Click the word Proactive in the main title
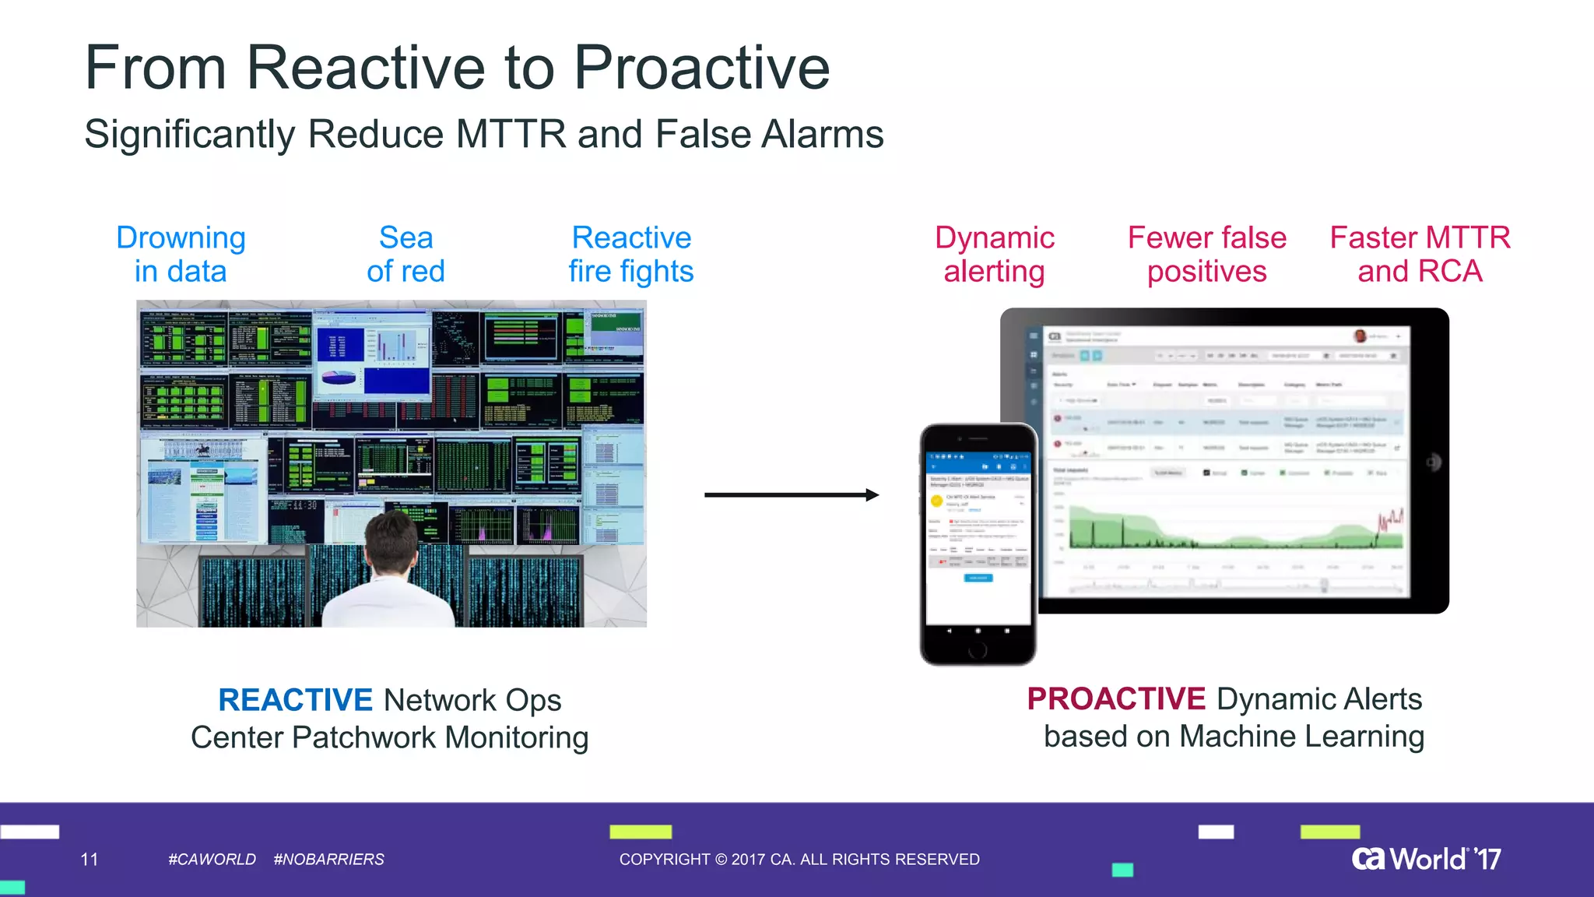pos(701,69)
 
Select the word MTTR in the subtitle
pos(511,134)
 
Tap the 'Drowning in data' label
pos(181,255)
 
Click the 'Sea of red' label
pos(406,255)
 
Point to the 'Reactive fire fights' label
pos(630,255)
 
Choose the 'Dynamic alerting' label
pos(994,255)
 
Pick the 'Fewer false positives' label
pos(1206,255)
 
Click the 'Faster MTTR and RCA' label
pos(1420,255)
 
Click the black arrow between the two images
pos(791,494)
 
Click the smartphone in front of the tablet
pos(978,545)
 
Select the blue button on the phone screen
pos(978,578)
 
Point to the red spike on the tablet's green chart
pos(1390,520)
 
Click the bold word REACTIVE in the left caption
pos(295,700)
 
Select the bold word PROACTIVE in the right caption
pos(1115,699)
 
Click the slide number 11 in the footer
pos(90,860)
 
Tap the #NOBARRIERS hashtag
pos(328,860)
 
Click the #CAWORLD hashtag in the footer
pos(212,860)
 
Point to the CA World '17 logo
pos(1426,859)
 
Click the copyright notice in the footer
pos(799,860)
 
